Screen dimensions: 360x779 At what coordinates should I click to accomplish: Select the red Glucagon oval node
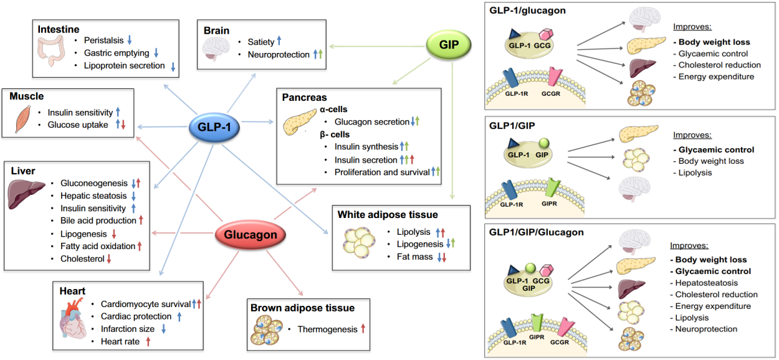(251, 235)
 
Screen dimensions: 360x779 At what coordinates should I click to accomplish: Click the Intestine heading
(58, 29)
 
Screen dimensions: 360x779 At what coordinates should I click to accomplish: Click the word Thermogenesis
(326, 328)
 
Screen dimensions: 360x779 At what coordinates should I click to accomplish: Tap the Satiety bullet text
(260, 42)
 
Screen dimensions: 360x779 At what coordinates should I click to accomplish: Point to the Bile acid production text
(98, 220)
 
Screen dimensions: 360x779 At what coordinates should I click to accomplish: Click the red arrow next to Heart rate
(148, 341)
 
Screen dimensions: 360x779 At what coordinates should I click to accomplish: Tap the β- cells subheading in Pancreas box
(335, 134)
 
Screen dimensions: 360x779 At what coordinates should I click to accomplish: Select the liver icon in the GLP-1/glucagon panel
(639, 67)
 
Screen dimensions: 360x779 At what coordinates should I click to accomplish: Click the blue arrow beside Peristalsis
(130, 40)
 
